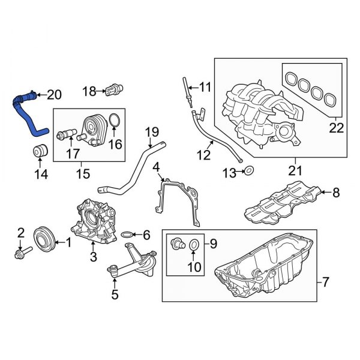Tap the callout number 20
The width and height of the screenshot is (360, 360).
tap(54, 94)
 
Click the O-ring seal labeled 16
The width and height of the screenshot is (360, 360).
tap(117, 124)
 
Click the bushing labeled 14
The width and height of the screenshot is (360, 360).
tap(40, 152)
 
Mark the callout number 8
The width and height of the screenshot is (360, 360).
tap(336, 193)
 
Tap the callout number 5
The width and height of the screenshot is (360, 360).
tap(115, 294)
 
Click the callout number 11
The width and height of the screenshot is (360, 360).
tap(206, 88)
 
